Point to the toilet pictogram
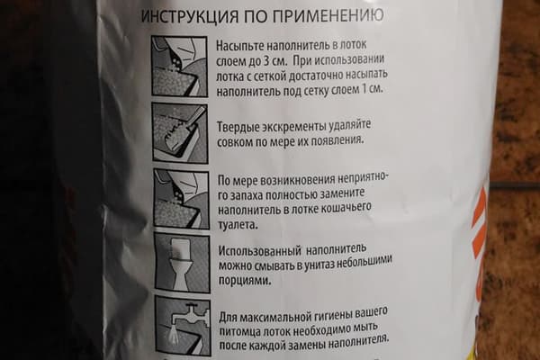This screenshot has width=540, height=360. pyautogui.click(x=176, y=261)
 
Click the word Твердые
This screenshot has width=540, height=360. pyautogui.click(x=241, y=124)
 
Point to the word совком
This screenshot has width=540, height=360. pyautogui.click(x=238, y=141)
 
